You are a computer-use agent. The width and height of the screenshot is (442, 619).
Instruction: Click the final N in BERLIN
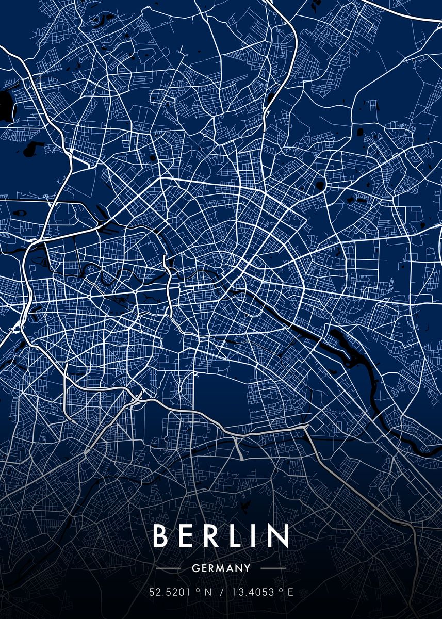pos(277,536)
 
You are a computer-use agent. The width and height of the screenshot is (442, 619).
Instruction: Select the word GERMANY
pos(221,569)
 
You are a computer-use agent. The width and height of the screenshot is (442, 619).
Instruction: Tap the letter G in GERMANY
pos(194,569)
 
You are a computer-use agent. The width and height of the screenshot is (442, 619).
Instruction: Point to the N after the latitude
pos(208,593)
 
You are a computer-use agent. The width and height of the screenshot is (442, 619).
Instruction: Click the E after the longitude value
pos(290,593)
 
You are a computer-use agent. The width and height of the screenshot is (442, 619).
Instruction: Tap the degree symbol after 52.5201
pos(198,591)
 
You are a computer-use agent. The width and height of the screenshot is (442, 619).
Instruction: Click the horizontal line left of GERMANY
pos(168,569)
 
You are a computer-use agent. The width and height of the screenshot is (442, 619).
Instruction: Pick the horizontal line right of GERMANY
pos(273,569)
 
